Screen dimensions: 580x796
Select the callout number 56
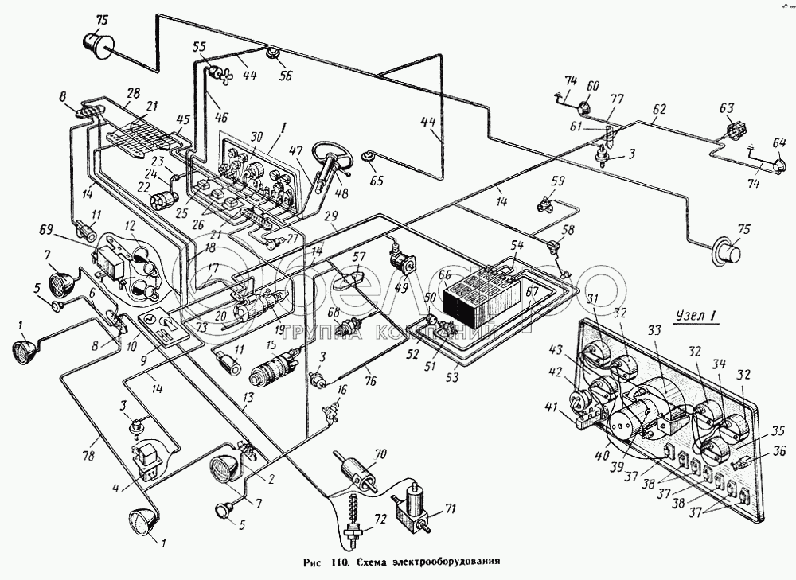[285, 76]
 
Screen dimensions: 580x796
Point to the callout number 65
[376, 181]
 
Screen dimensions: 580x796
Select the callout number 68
[334, 312]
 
